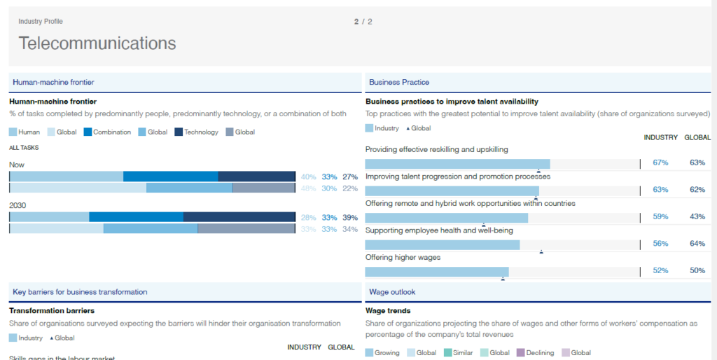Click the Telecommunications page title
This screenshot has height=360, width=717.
click(97, 43)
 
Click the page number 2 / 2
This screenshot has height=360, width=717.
click(363, 22)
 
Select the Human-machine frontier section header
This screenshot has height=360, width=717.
click(53, 83)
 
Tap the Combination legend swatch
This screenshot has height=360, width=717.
click(88, 132)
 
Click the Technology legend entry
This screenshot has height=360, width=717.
click(201, 132)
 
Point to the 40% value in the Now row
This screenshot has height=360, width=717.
click(308, 177)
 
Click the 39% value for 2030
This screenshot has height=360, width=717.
click(350, 218)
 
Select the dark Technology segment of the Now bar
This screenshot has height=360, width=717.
click(256, 176)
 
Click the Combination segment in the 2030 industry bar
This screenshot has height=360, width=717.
click(136, 217)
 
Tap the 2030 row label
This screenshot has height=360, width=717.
click(18, 205)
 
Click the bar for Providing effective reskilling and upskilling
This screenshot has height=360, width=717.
click(457, 163)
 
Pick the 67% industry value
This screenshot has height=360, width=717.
click(660, 163)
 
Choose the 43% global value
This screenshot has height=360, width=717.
click(697, 217)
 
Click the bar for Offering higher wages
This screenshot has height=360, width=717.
click(437, 272)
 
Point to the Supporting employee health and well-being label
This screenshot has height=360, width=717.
click(439, 230)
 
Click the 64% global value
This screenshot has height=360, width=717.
click(697, 244)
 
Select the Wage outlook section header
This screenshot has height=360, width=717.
click(392, 292)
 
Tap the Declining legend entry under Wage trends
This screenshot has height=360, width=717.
click(539, 353)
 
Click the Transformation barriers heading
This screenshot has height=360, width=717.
click(51, 311)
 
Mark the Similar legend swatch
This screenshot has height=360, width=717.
click(448, 353)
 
